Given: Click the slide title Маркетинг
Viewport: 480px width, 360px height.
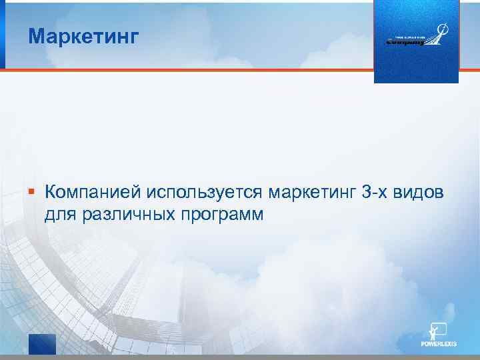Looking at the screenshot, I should point(84,36).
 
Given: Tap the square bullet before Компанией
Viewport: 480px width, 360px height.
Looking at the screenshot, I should point(31,193).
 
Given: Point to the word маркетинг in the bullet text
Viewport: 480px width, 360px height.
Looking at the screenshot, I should point(311,193).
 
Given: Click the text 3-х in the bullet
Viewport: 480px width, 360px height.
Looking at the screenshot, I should point(377,193).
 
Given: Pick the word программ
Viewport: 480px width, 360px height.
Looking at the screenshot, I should point(220,215).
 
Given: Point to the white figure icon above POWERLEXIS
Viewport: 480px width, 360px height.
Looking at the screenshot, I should point(439,330).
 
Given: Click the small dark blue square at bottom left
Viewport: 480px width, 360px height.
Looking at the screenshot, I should point(41,344).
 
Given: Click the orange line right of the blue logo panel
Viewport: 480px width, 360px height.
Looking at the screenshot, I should point(469,69).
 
